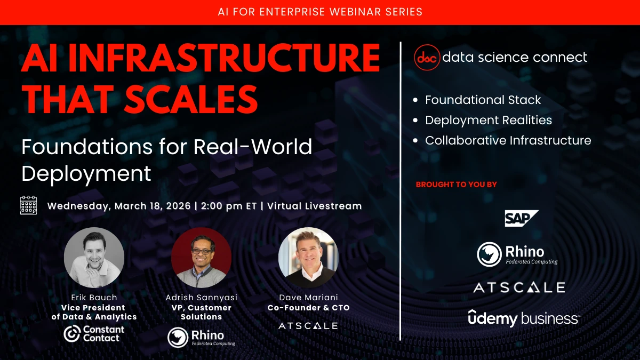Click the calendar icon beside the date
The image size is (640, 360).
29,205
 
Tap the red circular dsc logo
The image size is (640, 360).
427,58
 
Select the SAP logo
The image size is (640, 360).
522,218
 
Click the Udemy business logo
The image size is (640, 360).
524,318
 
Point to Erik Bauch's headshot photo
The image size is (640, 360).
94,258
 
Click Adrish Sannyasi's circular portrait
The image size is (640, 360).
202,258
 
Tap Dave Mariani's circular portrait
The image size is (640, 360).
309,258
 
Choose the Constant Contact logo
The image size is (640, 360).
94,333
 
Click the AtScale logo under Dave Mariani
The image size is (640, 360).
308,326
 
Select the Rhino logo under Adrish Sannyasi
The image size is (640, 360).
201,337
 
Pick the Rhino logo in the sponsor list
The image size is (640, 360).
517,254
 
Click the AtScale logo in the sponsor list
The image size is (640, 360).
519,287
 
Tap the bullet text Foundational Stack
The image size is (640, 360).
483,100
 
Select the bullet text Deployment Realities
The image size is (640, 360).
489,121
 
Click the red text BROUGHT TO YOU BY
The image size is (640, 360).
457,185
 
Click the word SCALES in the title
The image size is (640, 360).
191,99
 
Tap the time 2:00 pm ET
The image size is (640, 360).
229,206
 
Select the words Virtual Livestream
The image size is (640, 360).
315,206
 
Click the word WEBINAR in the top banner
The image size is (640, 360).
355,12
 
